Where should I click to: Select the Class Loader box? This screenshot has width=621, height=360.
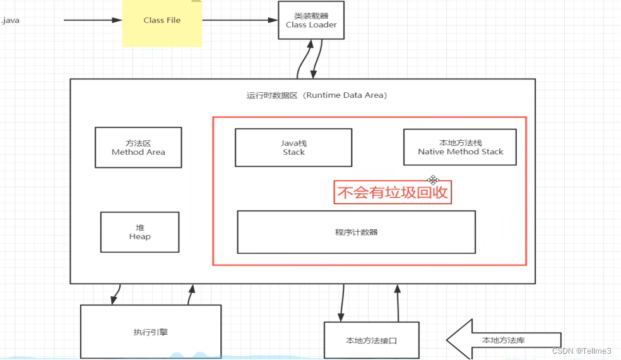click(311, 20)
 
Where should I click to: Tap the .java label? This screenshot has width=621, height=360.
click(11, 20)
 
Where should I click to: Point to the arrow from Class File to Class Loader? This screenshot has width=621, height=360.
click(240, 20)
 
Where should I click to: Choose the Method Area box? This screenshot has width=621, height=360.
click(138, 147)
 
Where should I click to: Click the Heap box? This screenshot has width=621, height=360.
click(139, 232)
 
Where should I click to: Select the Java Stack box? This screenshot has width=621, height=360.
click(293, 148)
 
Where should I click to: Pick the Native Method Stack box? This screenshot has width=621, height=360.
click(460, 147)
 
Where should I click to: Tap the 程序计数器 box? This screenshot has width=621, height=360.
click(356, 232)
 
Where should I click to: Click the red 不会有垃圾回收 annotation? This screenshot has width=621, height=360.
click(393, 193)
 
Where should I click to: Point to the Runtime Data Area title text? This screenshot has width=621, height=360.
click(316, 95)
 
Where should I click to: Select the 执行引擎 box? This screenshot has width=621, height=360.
click(150, 332)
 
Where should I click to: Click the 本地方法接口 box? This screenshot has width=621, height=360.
click(372, 340)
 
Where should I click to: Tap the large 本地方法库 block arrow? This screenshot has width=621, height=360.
click(503, 340)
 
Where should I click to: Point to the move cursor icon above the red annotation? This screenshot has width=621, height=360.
click(433, 180)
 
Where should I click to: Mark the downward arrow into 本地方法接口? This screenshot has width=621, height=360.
click(341, 303)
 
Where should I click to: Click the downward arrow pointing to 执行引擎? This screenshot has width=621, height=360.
click(115, 293)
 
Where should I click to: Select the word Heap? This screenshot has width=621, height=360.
click(139, 236)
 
